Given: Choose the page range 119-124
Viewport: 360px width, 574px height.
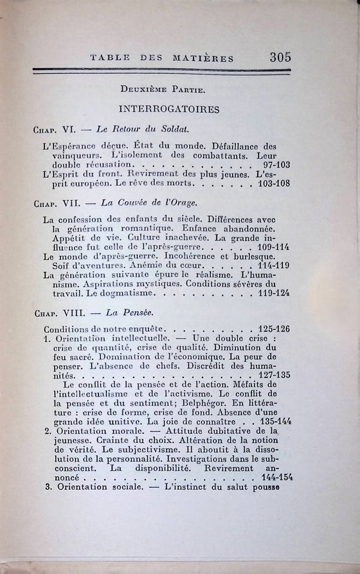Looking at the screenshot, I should coord(273,293).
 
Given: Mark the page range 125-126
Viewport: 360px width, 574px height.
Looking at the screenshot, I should coord(274,328).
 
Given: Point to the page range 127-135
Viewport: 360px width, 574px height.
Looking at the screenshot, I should coord(273,374).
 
